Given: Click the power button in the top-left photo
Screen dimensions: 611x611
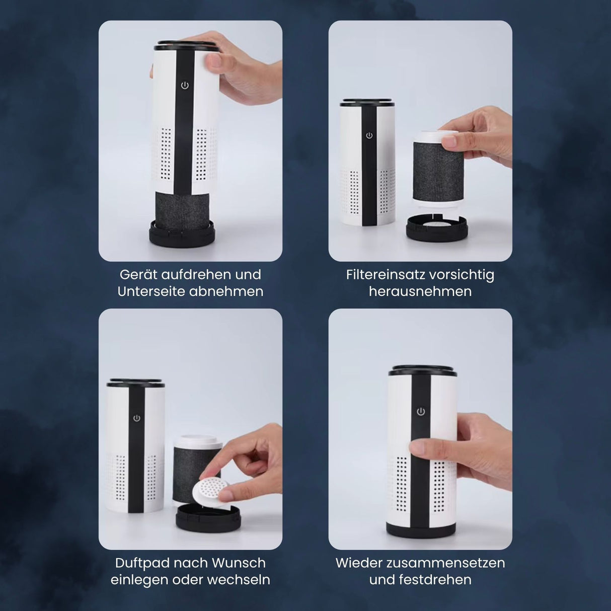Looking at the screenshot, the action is point(185,85).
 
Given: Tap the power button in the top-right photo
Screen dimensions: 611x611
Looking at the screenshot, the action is point(369,136).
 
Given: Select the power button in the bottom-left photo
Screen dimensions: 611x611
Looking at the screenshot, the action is point(137,418).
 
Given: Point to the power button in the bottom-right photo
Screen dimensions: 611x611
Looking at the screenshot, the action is point(421,412).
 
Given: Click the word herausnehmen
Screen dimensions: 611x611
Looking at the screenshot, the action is point(420,292).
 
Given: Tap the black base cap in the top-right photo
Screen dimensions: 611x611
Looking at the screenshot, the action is point(437,228).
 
